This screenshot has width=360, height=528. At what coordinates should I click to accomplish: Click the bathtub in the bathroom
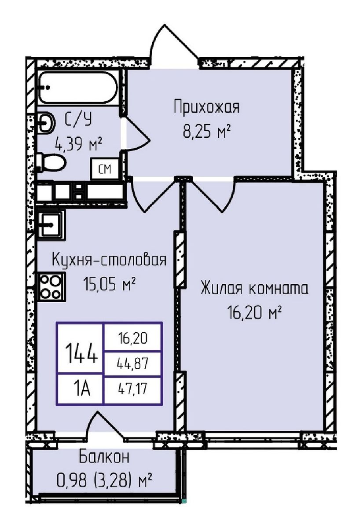77,87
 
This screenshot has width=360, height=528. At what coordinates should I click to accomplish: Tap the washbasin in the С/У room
45,122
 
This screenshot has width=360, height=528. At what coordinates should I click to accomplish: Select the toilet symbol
50,162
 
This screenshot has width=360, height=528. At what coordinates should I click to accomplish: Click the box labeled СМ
104,169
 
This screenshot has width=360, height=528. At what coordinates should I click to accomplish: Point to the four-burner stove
51,286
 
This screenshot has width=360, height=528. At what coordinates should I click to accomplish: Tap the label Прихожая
206,107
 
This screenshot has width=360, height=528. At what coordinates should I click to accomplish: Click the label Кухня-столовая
109,260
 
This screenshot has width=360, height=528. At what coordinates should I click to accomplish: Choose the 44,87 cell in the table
132,363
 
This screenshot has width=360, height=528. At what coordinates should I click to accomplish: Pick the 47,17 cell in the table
132,389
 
